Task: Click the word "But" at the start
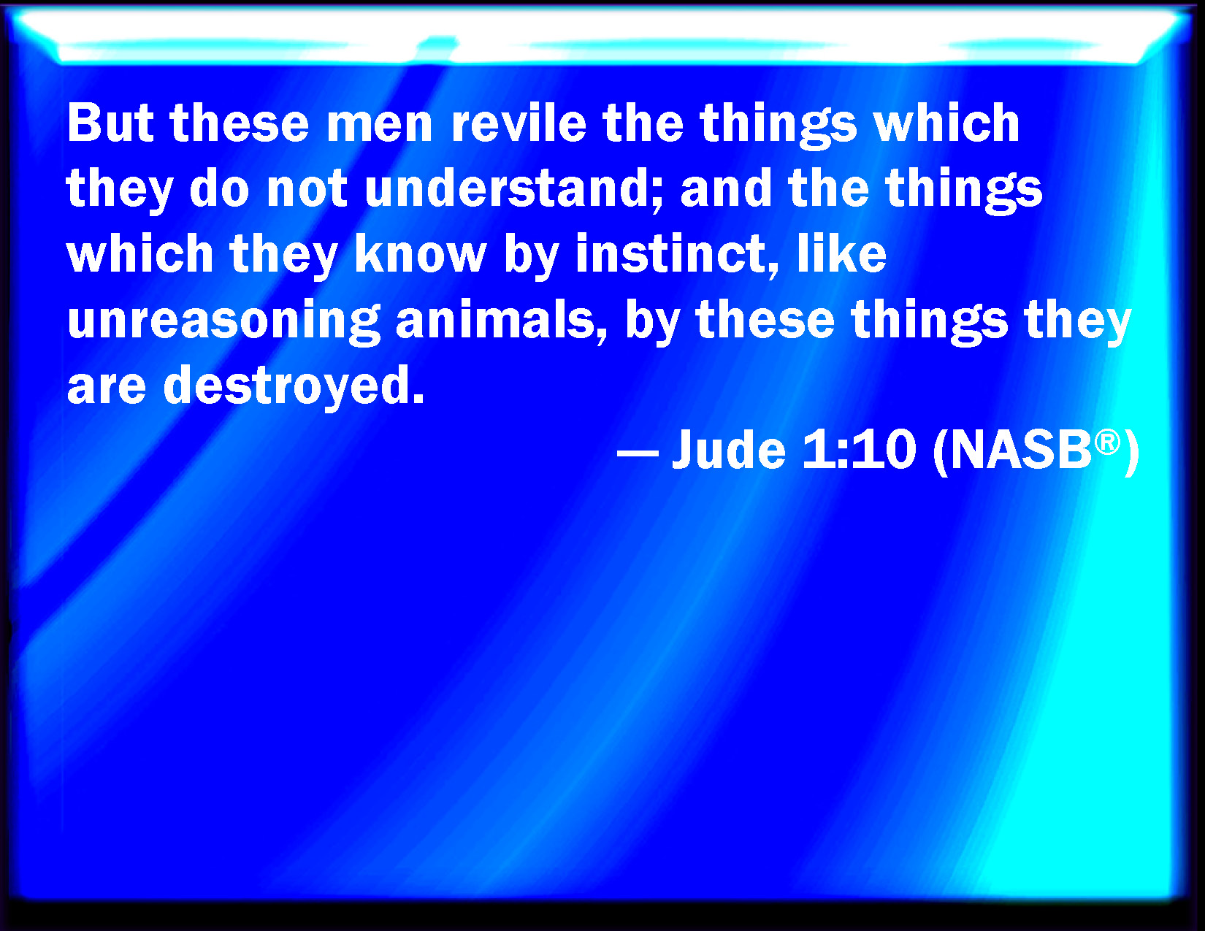coord(110,123)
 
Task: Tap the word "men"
coord(379,126)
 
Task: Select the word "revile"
coord(519,123)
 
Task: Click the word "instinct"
coord(670,253)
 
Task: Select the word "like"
coord(842,253)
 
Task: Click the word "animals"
coord(495,319)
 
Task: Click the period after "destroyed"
coord(419,397)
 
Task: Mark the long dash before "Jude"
coord(638,453)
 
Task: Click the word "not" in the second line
coord(307,190)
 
